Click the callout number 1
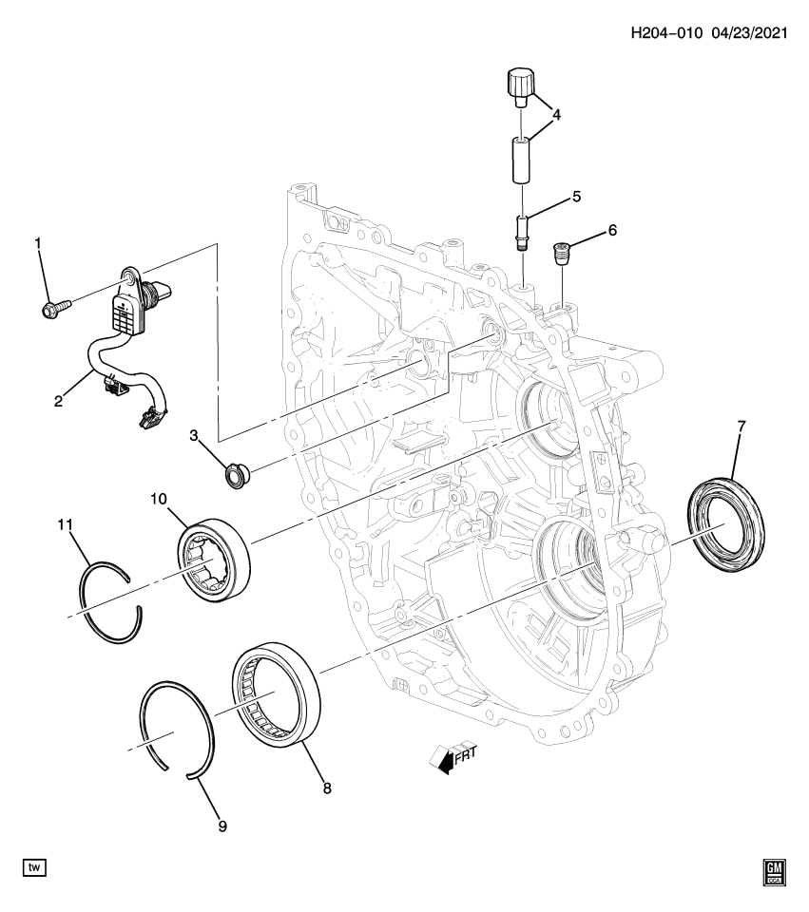39,245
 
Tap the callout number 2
59,401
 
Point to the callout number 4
556,115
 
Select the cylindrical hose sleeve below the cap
521,160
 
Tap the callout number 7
742,426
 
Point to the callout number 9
222,826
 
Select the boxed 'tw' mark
34,867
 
